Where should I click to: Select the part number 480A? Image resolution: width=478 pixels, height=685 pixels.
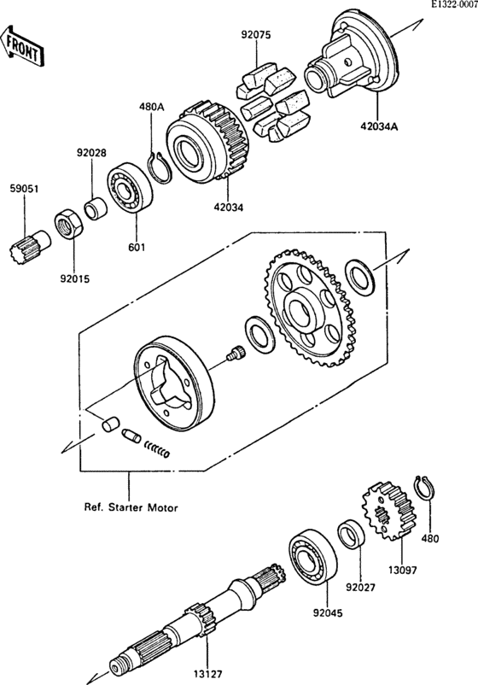[x=151, y=108]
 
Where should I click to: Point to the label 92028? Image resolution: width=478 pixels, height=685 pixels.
[x=91, y=153]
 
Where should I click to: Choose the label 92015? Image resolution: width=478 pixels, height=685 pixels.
[x=73, y=278]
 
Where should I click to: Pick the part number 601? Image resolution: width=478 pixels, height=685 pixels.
[x=137, y=248]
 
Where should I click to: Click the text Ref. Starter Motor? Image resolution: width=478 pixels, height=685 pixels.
[x=131, y=507]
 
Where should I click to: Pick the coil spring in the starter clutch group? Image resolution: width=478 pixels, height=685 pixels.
[x=157, y=447]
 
